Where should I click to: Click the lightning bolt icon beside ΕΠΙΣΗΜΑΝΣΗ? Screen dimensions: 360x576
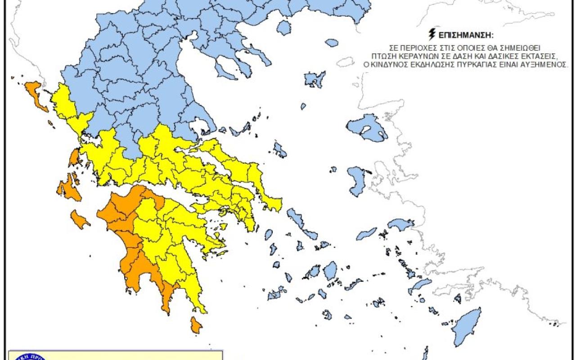click(x=432, y=33)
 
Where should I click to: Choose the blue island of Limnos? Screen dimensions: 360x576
click(x=315, y=80)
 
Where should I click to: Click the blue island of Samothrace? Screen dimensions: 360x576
click(x=332, y=43)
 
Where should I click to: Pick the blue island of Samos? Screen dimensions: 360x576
click(x=401, y=224)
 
